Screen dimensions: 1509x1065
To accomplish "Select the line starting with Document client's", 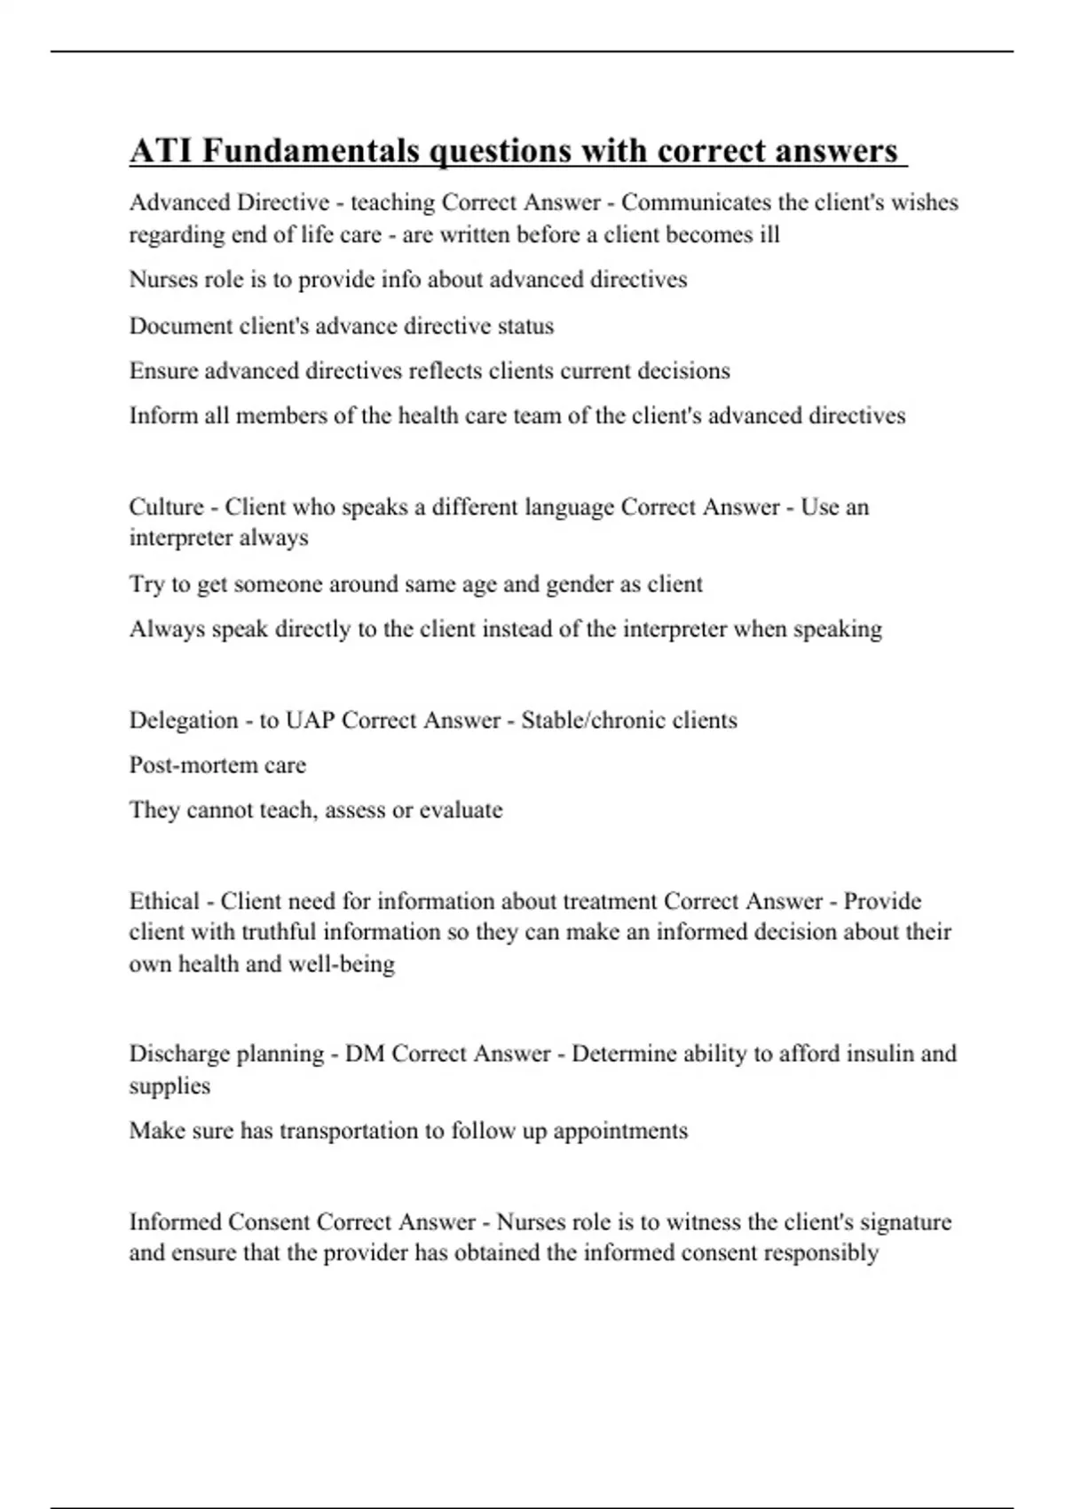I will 342,326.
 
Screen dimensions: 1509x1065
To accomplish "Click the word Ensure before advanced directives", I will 164,370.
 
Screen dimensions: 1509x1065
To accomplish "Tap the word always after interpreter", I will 274,538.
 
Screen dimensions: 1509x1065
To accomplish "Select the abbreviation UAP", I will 310,719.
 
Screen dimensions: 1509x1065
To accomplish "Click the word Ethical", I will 164,901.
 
